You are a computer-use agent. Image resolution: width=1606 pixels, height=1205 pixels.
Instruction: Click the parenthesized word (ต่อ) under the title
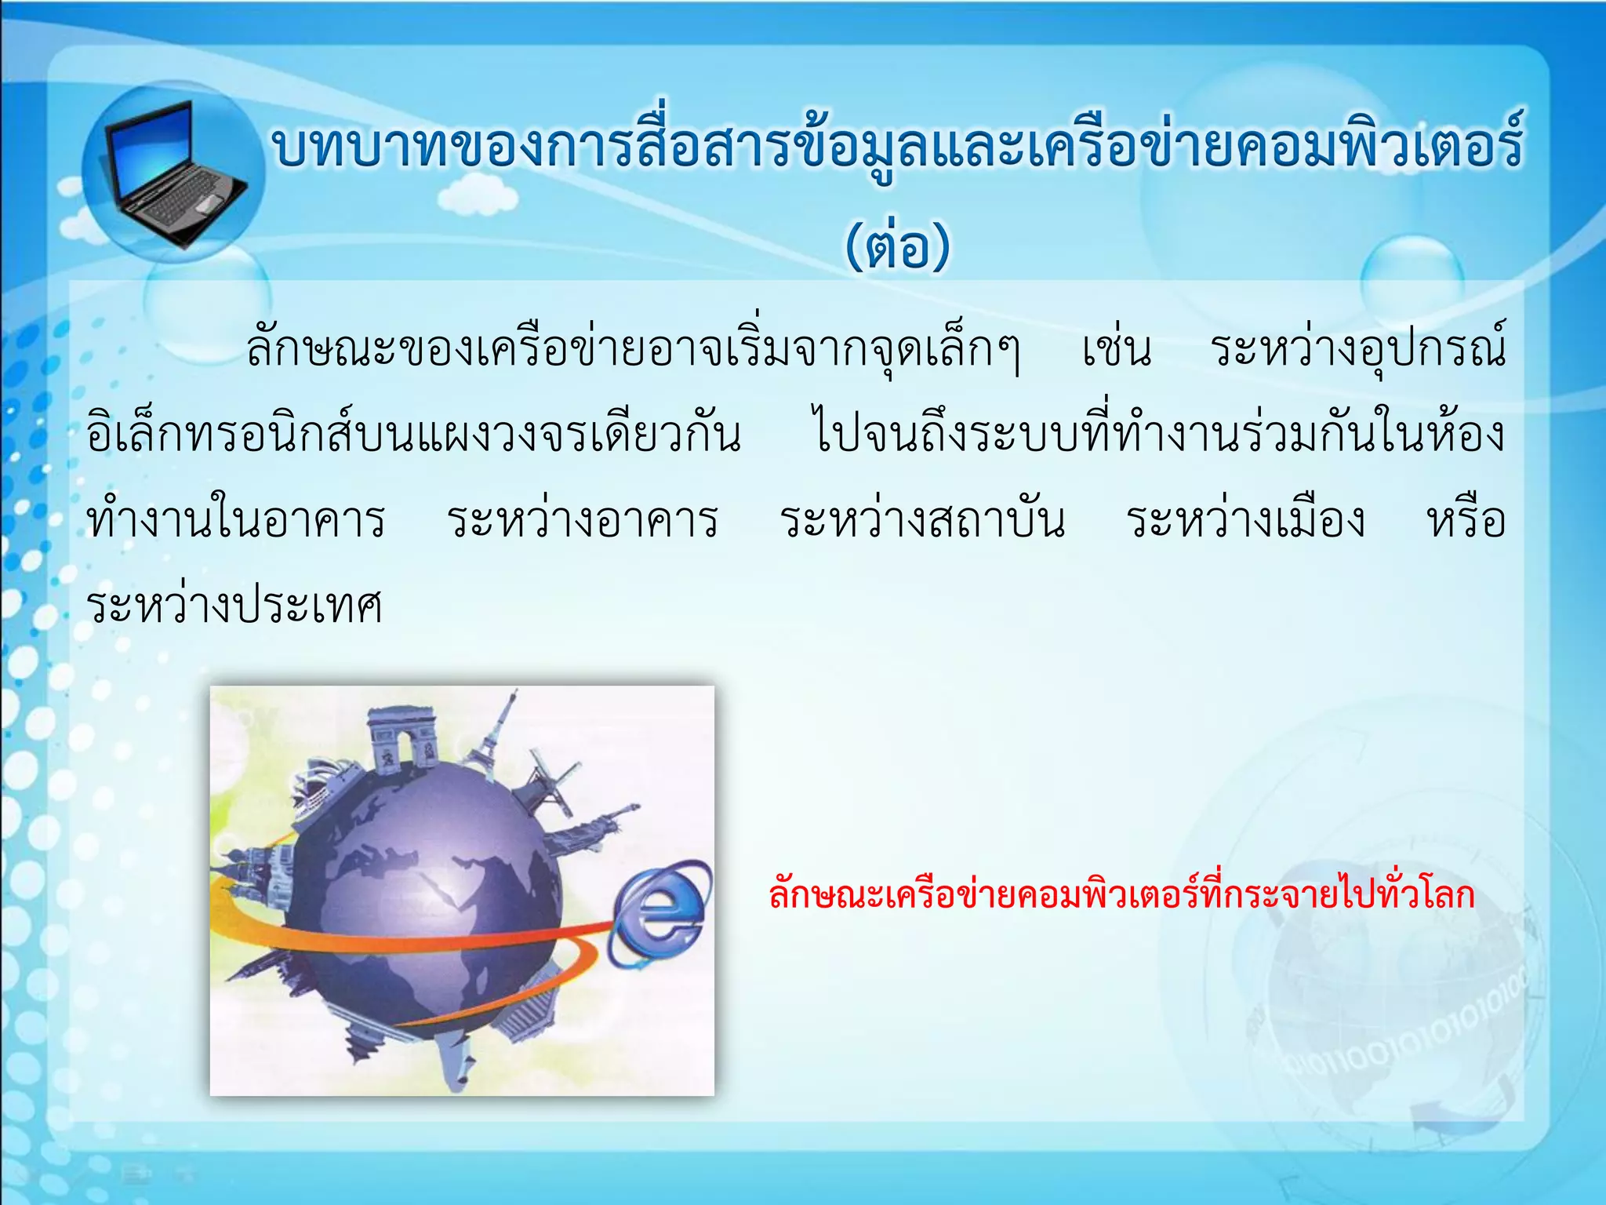(897, 246)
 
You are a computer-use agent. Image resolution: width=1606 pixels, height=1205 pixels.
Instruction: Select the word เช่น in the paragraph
(1117, 349)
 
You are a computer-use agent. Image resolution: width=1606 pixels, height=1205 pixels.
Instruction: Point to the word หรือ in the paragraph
(1466, 520)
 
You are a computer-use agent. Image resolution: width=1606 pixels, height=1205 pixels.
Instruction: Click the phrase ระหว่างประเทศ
(234, 606)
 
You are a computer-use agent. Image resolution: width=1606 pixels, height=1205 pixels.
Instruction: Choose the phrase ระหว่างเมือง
(1246, 520)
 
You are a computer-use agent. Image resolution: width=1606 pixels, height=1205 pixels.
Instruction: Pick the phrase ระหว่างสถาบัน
(922, 520)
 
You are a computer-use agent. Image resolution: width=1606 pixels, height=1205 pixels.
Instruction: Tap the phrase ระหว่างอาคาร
(583, 520)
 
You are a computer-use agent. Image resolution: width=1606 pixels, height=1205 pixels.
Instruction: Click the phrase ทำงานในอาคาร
(236, 520)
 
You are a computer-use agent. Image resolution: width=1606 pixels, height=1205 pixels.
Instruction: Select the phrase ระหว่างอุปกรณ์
(1357, 349)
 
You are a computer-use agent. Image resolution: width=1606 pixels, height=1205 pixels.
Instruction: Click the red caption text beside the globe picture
(1121, 894)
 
